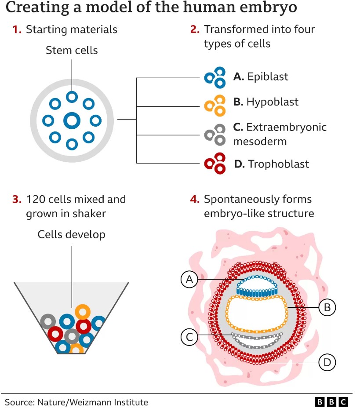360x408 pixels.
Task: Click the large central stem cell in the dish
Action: (72, 121)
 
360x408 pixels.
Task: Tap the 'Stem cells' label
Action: (72, 50)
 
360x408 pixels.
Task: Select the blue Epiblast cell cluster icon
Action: (215, 77)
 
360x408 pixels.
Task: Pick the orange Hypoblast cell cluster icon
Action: (215, 106)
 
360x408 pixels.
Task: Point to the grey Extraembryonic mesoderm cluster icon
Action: (215, 135)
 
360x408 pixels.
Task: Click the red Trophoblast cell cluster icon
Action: (215, 164)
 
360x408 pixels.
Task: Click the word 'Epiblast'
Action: (268, 77)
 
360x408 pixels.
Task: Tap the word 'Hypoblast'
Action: (273, 102)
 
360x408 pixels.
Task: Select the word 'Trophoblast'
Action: (278, 164)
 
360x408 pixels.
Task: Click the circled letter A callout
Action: (189, 279)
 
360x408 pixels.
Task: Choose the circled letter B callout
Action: (327, 307)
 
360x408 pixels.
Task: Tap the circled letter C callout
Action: (189, 337)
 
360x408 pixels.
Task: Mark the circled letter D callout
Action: (327, 362)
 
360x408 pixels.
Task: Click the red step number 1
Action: (17, 29)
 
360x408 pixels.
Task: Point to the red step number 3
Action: (17, 199)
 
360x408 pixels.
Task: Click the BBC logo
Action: (331, 402)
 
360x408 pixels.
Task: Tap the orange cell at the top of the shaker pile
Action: (83, 312)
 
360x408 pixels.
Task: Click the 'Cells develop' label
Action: (72, 234)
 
